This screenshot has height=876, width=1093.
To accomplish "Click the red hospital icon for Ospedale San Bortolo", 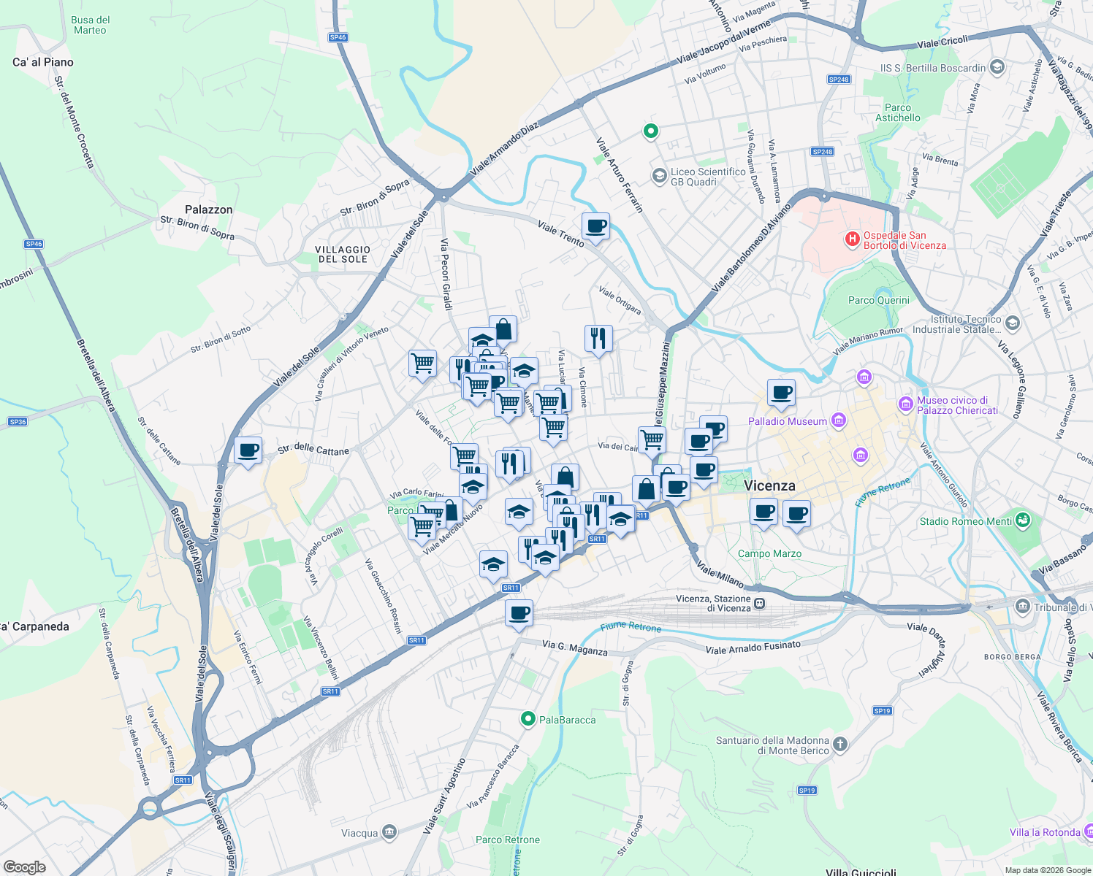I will click(x=852, y=239).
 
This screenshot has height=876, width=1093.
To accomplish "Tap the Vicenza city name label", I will click(x=769, y=485).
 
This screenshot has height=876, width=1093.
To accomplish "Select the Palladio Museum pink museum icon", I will click(x=839, y=420).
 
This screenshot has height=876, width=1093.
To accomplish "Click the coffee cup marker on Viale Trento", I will click(x=596, y=226).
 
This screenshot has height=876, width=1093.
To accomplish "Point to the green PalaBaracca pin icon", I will click(x=528, y=719).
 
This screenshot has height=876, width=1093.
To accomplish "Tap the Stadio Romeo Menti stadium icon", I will click(x=1023, y=520).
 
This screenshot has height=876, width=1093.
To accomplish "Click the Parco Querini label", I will click(x=879, y=300).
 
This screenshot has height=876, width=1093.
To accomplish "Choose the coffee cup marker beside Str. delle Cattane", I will click(x=248, y=450).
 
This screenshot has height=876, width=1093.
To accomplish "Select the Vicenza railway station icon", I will click(x=761, y=604).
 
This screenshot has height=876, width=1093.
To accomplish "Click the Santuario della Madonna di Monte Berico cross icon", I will click(x=840, y=745).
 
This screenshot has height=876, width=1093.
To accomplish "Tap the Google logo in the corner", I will click(x=25, y=867).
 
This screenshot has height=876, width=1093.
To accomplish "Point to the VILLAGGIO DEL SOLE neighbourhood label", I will click(x=343, y=254).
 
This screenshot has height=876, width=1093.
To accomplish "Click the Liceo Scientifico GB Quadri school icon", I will click(x=659, y=175).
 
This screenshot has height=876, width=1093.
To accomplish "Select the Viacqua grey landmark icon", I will click(x=389, y=832).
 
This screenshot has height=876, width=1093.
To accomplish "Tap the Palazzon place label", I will click(x=208, y=210).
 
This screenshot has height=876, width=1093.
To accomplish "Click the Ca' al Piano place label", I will click(x=43, y=62).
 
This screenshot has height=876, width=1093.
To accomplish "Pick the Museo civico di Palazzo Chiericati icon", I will click(x=906, y=404).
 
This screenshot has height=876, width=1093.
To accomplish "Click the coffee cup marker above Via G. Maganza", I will click(x=519, y=613).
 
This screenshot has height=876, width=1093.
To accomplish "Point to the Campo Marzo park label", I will click(x=769, y=553).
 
